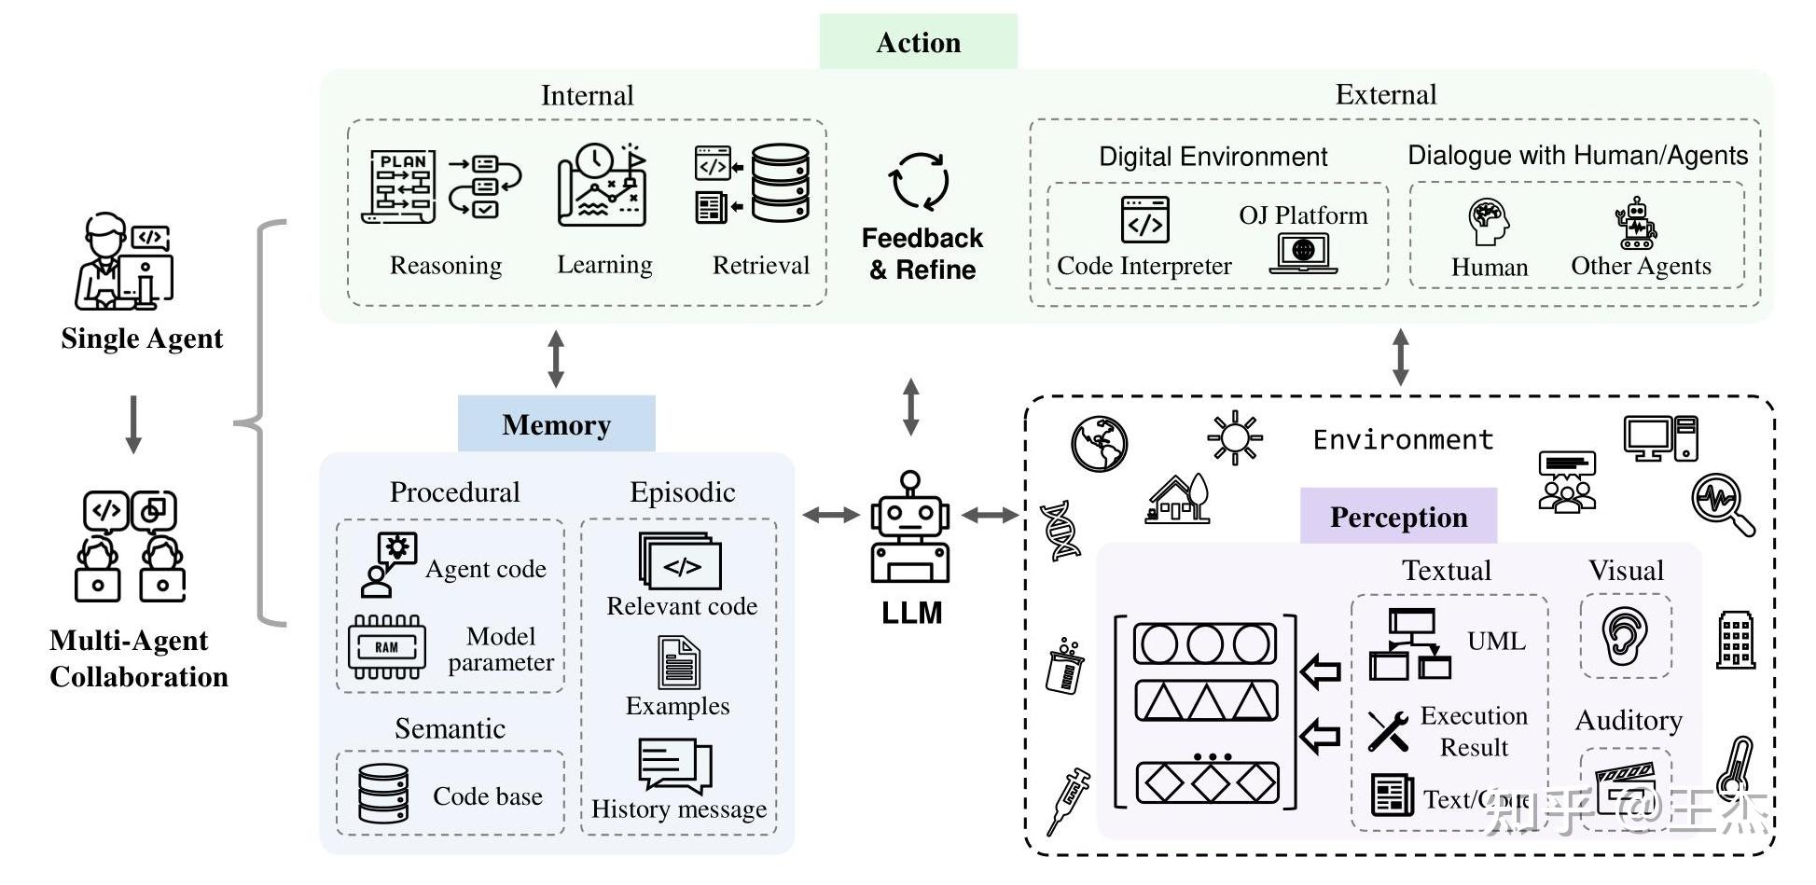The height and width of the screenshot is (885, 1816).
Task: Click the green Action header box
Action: pyautogui.click(x=918, y=42)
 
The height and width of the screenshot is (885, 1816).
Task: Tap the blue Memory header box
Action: pyautogui.click(x=556, y=424)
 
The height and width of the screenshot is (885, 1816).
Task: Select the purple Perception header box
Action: pyautogui.click(x=1398, y=516)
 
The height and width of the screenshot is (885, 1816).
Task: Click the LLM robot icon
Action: pyautogui.click(x=910, y=528)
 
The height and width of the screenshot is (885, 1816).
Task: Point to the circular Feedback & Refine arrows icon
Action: pyautogui.click(x=921, y=181)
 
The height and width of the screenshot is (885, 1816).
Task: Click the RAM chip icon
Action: pyautogui.click(x=387, y=646)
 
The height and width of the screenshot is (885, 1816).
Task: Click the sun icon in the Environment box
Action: pyautogui.click(x=1234, y=436)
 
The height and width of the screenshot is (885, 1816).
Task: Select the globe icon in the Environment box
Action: pyautogui.click(x=1099, y=444)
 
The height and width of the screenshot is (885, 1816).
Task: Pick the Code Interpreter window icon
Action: pyautogui.click(x=1144, y=220)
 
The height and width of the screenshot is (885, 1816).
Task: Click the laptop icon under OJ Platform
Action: pyautogui.click(x=1303, y=253)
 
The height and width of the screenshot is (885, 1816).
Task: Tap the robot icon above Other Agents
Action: pyautogui.click(x=1637, y=224)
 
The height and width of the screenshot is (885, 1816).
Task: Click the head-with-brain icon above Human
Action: pyautogui.click(x=1489, y=222)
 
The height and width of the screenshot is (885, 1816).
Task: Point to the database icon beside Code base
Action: pyautogui.click(x=383, y=794)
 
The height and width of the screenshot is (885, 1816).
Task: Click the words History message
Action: pyautogui.click(x=679, y=809)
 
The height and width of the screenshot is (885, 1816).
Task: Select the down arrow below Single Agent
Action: pyautogui.click(x=133, y=424)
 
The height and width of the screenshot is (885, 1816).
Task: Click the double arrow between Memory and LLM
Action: pyautogui.click(x=830, y=514)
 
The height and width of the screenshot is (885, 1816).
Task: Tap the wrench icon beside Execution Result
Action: pyautogui.click(x=1388, y=730)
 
